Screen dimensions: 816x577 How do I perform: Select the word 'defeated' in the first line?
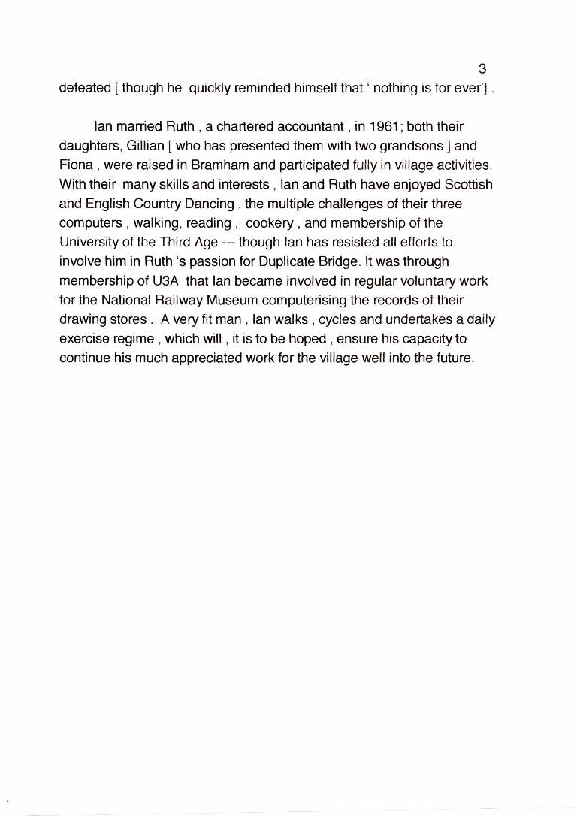point(85,89)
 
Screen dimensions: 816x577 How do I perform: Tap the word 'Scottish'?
point(468,184)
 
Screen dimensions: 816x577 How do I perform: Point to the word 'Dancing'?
point(203,204)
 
